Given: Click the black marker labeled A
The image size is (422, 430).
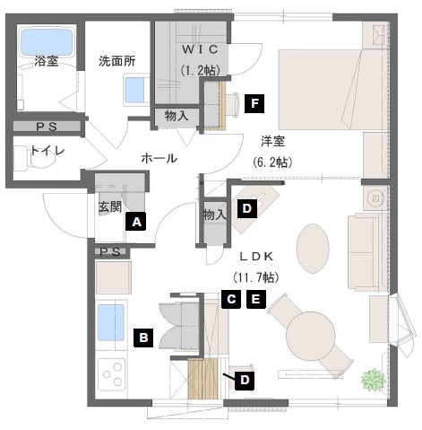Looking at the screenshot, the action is [x=136, y=222].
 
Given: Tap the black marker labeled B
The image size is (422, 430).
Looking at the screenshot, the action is [x=143, y=338].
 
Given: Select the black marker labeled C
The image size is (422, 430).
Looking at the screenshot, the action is [x=231, y=299].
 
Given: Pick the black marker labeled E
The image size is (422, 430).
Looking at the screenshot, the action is [x=256, y=299].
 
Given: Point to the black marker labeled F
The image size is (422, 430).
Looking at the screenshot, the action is [x=254, y=103].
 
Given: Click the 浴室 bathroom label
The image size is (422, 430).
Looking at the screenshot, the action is [x=47, y=61].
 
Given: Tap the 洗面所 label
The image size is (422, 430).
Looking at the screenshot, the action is [x=117, y=61].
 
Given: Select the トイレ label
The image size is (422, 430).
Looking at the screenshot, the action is [x=47, y=150].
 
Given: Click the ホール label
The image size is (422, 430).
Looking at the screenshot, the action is [x=159, y=158].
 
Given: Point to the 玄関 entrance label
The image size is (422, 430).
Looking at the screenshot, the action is [x=110, y=206].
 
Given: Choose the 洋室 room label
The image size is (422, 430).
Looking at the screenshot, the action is [x=273, y=141].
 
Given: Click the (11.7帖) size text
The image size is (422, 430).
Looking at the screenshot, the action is [x=256, y=277].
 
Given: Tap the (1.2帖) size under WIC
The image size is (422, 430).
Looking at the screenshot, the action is [x=200, y=70].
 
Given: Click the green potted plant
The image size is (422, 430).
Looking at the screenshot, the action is [x=373, y=379].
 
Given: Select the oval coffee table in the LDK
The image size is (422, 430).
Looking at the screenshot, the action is [x=313, y=249].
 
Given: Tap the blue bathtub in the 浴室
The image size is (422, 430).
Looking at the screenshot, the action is [x=47, y=42].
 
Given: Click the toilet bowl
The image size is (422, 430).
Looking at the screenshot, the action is [x=43, y=159].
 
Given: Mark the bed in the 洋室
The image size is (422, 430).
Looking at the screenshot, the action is [x=330, y=90].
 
